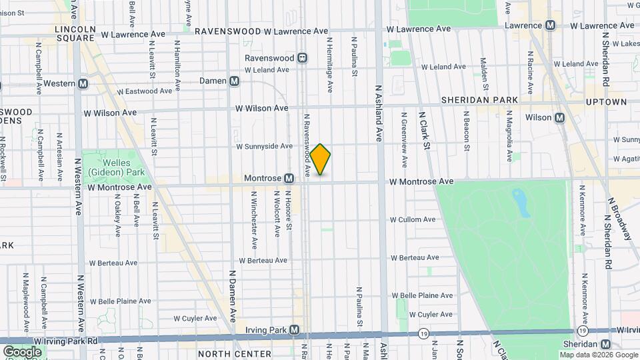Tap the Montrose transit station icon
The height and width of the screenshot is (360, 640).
pyautogui.click(x=289, y=179)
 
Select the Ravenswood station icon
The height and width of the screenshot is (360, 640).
pyautogui.click(x=303, y=58)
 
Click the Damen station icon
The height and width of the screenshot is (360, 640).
pyautogui.click(x=234, y=81)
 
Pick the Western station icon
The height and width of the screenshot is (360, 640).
pyautogui.click(x=83, y=83)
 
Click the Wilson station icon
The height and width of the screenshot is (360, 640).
pyautogui.click(x=559, y=117)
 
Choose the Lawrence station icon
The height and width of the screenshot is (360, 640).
pyautogui.click(x=551, y=25)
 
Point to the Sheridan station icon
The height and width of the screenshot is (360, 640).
pyautogui.click(x=605, y=344)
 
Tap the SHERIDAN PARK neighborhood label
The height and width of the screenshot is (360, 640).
pyautogui.click(x=479, y=100)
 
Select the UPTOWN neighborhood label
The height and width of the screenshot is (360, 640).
pyautogui.click(x=607, y=102)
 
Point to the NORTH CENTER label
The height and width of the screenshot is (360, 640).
pyautogui.click(x=234, y=353)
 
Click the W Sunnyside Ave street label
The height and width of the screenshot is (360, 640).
pyautogui.click(x=264, y=146)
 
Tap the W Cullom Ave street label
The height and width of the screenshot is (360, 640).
pyautogui.click(x=413, y=219)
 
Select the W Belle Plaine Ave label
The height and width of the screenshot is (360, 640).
pyautogui.click(x=422, y=295)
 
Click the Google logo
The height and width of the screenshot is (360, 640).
pyautogui.click(x=22, y=351)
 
